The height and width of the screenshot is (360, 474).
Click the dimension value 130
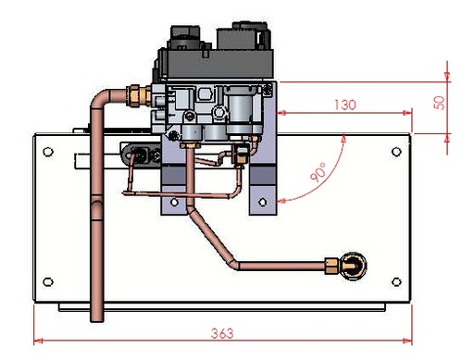pos(344,106)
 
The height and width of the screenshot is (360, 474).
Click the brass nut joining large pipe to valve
pos(138,93)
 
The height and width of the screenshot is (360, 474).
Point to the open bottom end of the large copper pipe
pos(95,319)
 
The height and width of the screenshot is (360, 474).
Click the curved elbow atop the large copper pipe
pos(101,97)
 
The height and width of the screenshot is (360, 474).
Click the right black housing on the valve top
pos(243,39)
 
